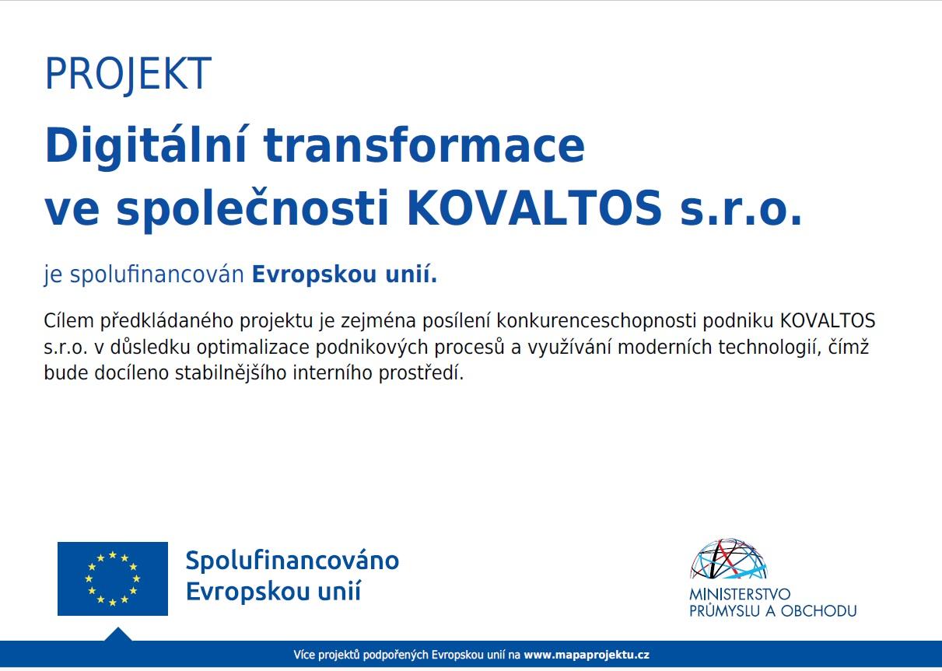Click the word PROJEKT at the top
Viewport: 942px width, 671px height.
pos(128,75)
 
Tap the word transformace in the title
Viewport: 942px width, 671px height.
pos(424,145)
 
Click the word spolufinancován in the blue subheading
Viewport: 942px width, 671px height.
pos(157,274)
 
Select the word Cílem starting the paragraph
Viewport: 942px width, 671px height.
pos(69,321)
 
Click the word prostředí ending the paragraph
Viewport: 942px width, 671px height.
pos(421,373)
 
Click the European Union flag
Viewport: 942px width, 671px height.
pos(113,579)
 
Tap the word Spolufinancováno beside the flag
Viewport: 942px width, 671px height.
pos(292,561)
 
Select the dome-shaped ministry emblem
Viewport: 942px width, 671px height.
pos(729,559)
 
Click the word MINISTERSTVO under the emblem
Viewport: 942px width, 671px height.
pos(740,594)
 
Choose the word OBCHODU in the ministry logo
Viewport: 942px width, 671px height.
pos(818,611)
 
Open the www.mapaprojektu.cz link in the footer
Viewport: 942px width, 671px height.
pos(587,655)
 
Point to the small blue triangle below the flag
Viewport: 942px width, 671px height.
pos(117,634)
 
